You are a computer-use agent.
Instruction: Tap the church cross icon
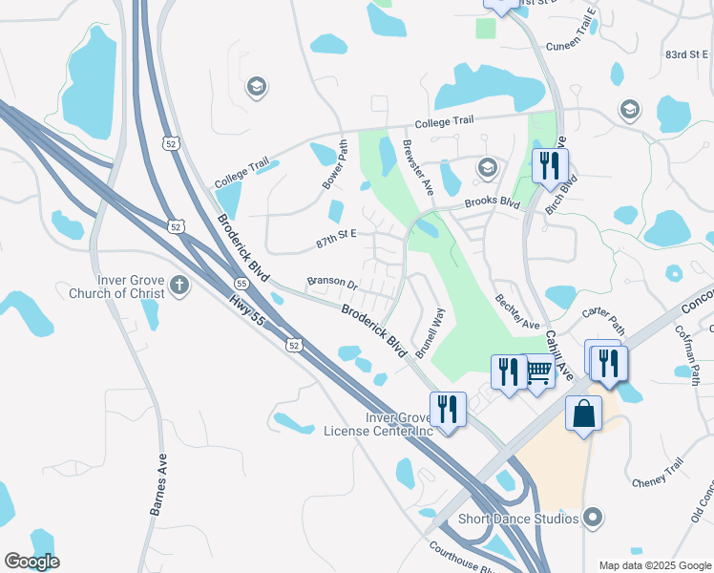click(178, 284)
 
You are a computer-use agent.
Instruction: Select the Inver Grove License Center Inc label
click(378, 424)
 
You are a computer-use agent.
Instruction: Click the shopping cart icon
click(538, 370)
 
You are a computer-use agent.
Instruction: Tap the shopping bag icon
click(584, 414)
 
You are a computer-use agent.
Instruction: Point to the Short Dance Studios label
click(519, 519)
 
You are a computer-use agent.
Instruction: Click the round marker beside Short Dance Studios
click(593, 519)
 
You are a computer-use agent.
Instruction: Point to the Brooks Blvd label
click(492, 203)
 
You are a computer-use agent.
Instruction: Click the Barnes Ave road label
click(158, 484)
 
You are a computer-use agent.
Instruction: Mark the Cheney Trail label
click(658, 474)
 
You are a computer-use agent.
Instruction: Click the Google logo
click(31, 562)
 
